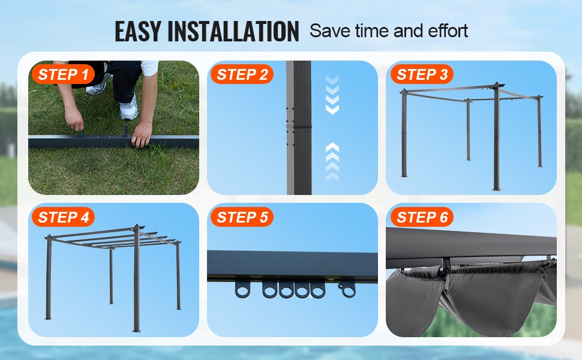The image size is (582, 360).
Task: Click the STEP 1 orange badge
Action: pyautogui.click(x=63, y=74)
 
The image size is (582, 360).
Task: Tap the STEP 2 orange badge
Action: pyautogui.click(x=242, y=74)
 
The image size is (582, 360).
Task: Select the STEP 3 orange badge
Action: pyautogui.click(x=422, y=74)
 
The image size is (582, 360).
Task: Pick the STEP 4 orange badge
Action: pyautogui.click(x=63, y=217)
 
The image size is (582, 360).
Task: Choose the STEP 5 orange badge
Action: pyautogui.click(x=242, y=217)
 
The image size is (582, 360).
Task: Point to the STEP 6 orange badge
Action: pyautogui.click(x=422, y=217)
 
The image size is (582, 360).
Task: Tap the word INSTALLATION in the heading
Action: pyautogui.click(x=233, y=31)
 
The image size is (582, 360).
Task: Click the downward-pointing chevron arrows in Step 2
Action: pyautogui.click(x=332, y=95)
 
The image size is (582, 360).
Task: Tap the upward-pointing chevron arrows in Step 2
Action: pyautogui.click(x=332, y=162)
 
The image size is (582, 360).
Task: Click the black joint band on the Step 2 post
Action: pyautogui.click(x=299, y=127)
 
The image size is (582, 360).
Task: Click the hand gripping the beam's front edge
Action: pyautogui.click(x=142, y=134)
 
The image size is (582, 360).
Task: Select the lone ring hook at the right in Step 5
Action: pyautogui.click(x=347, y=289)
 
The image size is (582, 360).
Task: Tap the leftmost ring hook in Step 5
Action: pyautogui.click(x=243, y=288)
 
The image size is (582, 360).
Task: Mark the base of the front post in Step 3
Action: pyautogui.click(x=497, y=188)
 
